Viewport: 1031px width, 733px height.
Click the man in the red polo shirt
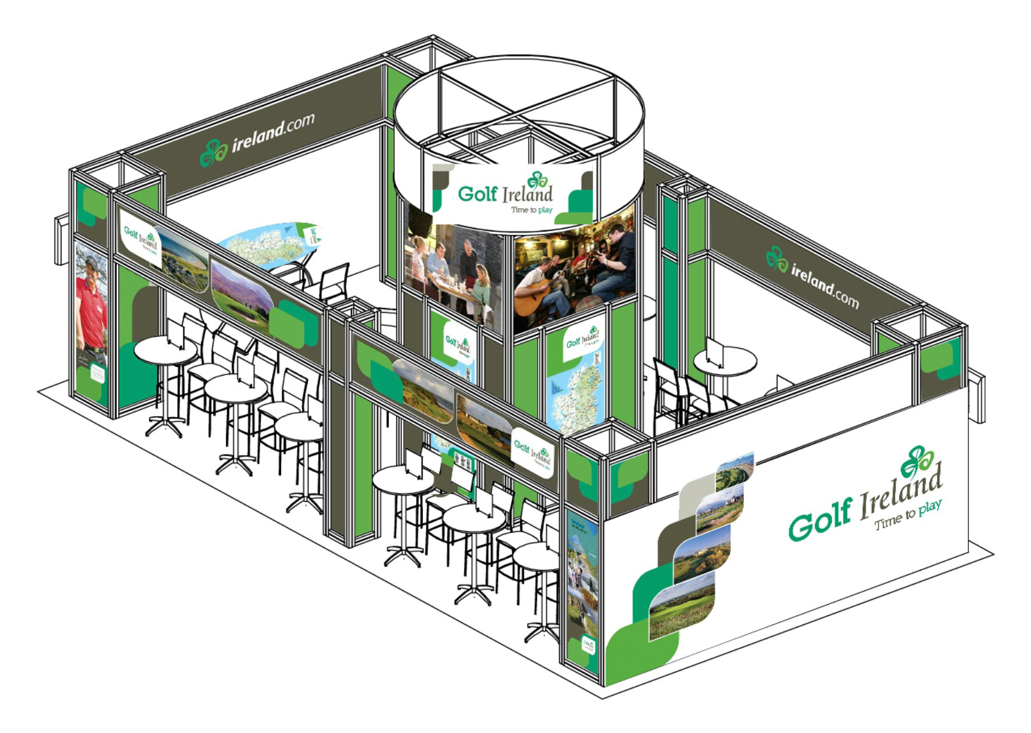[91, 304]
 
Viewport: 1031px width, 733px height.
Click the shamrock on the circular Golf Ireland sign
[538, 180]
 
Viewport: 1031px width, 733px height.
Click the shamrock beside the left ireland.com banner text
[212, 153]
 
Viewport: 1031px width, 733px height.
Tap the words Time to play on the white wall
[907, 516]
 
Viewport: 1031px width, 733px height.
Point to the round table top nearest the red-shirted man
[165, 349]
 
